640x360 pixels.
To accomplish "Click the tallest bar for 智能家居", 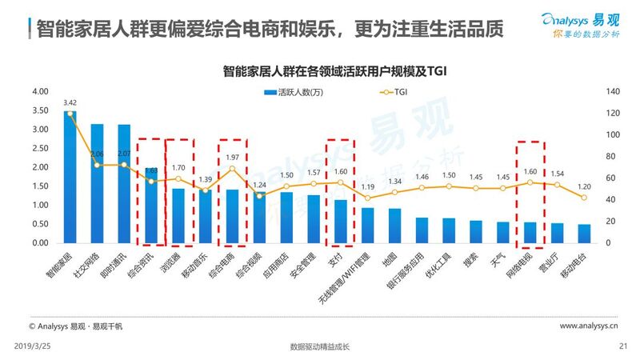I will click(x=70, y=178).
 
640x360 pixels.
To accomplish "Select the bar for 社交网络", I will click(x=97, y=184).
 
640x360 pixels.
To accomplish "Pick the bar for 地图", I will click(x=395, y=226).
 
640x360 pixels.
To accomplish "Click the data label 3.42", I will click(x=70, y=102).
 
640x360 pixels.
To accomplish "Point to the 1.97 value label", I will click(x=233, y=158).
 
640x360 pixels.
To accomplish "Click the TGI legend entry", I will click(x=384, y=91).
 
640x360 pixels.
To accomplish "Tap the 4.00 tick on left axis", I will click(x=39, y=91).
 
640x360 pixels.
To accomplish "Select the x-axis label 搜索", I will click(x=474, y=260).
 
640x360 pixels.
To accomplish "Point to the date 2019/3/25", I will click(x=33, y=346).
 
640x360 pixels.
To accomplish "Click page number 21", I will click(x=623, y=346).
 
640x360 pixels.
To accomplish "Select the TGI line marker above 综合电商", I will click(x=232, y=169).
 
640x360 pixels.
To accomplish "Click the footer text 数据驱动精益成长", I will click(x=320, y=346).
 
